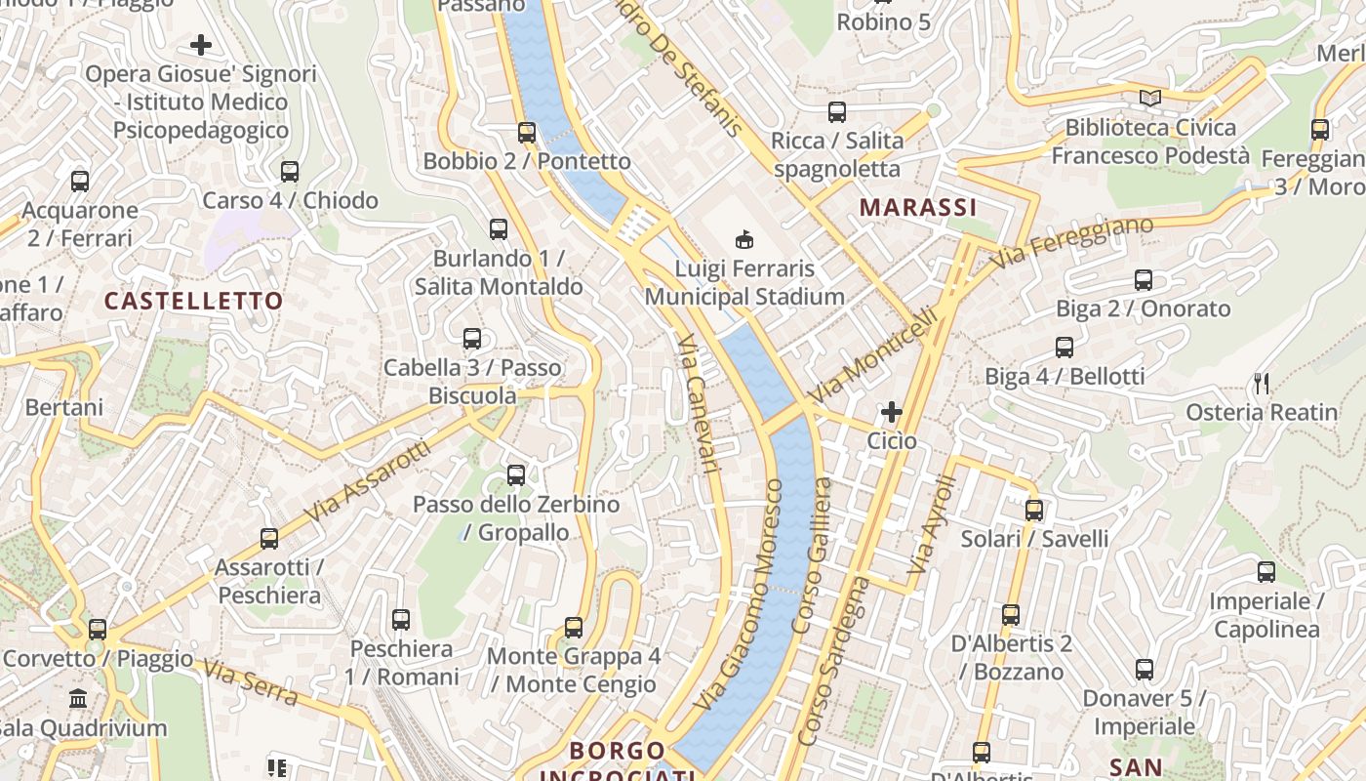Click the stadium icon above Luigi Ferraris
[x=744, y=239]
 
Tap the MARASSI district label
[x=918, y=207]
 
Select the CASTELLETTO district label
[x=193, y=301]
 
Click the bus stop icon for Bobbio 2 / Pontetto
[x=527, y=133]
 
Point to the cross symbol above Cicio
[x=891, y=412]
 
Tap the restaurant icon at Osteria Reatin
[x=1262, y=384]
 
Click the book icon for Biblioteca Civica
[x=1150, y=99]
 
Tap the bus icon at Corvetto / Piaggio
[x=97, y=630]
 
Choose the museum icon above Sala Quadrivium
[x=78, y=699]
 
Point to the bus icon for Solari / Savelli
[x=1034, y=511]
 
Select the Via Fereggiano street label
[x=1071, y=244]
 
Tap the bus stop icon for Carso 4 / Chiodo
[x=290, y=172]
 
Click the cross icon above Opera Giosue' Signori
[x=201, y=45]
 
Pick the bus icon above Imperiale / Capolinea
[x=1266, y=572]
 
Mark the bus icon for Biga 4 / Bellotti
[x=1065, y=348]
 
